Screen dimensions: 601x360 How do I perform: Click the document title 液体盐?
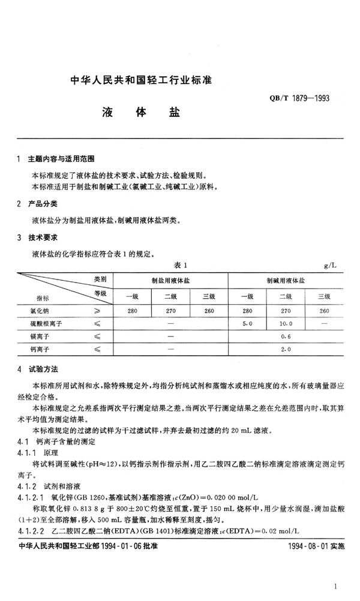pos(139,113)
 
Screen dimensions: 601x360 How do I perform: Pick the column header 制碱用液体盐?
pos(286,280)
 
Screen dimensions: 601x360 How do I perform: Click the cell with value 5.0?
pos(246,324)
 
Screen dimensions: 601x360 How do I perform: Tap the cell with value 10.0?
pos(286,324)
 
